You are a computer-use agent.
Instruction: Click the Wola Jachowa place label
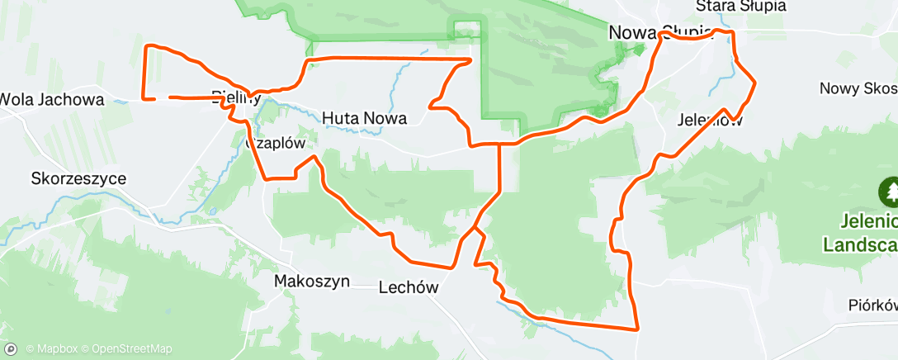(x=51, y=100)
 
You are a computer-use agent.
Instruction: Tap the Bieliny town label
(x=235, y=97)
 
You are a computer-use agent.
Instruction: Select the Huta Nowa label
(x=364, y=118)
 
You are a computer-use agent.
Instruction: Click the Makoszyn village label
(x=311, y=282)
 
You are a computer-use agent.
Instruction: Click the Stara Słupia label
(x=740, y=7)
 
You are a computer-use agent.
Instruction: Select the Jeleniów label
(x=709, y=120)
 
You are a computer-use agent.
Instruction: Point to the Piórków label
(x=872, y=305)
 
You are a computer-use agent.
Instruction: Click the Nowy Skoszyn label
(x=858, y=88)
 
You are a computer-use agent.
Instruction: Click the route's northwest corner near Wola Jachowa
(x=147, y=46)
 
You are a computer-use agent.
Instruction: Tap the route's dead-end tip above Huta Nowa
(x=470, y=59)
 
